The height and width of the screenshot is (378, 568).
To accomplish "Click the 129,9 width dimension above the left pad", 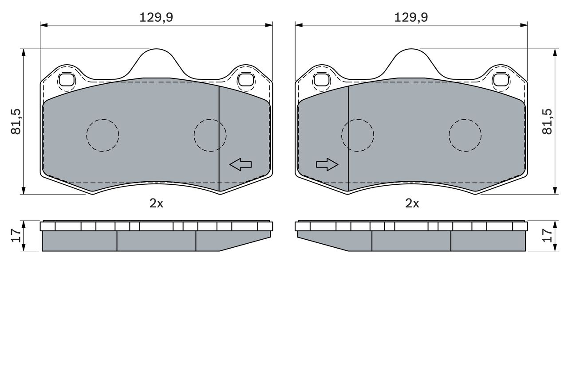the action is pyautogui.click(x=156, y=17).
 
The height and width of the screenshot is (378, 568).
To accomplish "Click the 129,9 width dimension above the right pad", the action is pyautogui.click(x=411, y=17).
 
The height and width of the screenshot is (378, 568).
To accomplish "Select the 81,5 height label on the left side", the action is pyautogui.click(x=16, y=121).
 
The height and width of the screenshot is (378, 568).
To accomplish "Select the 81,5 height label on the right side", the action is pyautogui.click(x=547, y=121).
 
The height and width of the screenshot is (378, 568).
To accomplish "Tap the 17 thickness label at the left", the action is pyautogui.click(x=16, y=235).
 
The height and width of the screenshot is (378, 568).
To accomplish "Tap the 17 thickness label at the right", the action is pyautogui.click(x=547, y=235).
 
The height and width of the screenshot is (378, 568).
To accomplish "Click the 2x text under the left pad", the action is pyautogui.click(x=156, y=203).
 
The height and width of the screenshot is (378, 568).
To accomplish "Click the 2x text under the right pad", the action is pyautogui.click(x=412, y=203).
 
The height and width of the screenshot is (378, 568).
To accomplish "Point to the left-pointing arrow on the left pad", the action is pyautogui.click(x=241, y=164).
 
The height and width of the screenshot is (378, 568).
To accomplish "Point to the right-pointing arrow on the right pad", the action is pyautogui.click(x=327, y=164).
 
